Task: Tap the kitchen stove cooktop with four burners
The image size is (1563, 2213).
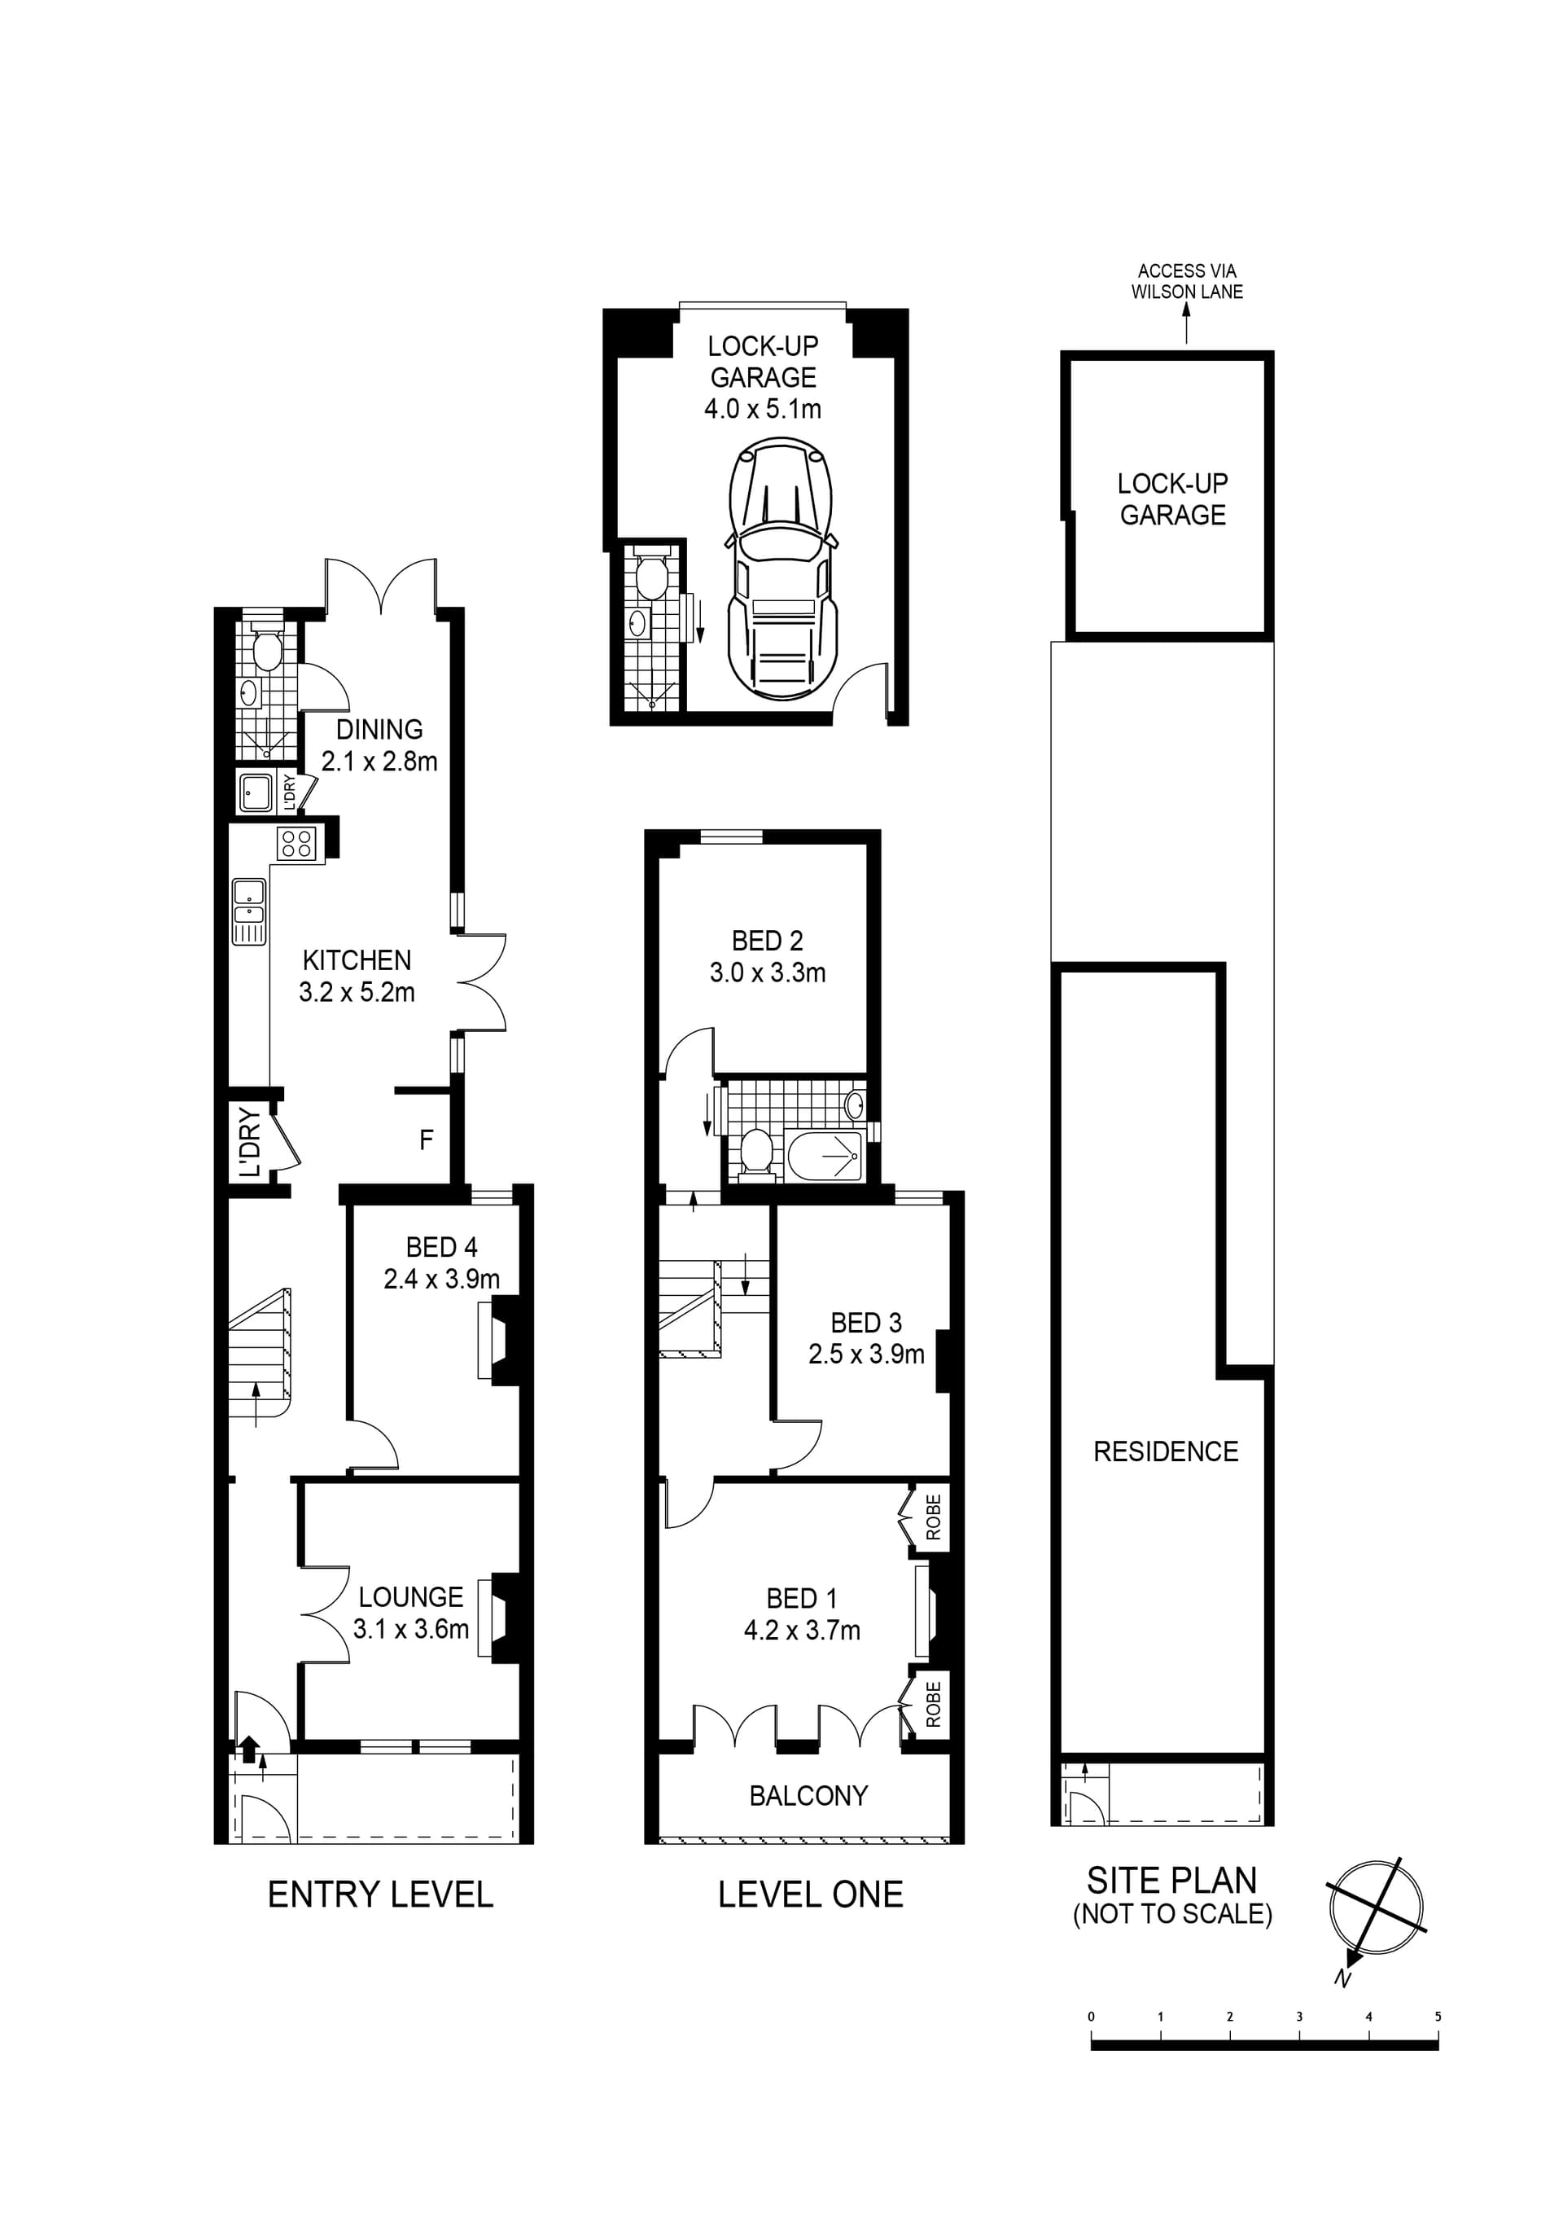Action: (x=295, y=845)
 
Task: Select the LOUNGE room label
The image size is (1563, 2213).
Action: (x=410, y=1597)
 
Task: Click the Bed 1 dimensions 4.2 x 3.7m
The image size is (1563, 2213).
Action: (x=802, y=1630)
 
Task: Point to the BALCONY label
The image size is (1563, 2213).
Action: (x=808, y=1796)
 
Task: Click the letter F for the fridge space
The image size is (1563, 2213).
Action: (x=426, y=1140)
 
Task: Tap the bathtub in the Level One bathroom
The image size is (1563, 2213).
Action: (x=824, y=1156)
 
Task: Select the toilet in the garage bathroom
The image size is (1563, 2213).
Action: (x=652, y=577)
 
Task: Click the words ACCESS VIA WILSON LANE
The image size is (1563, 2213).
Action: (x=1186, y=282)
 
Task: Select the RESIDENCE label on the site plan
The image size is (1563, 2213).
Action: (x=1165, y=1451)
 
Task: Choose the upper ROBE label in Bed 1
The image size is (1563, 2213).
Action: (x=932, y=1517)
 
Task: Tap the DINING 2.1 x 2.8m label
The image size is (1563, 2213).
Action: (x=379, y=745)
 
